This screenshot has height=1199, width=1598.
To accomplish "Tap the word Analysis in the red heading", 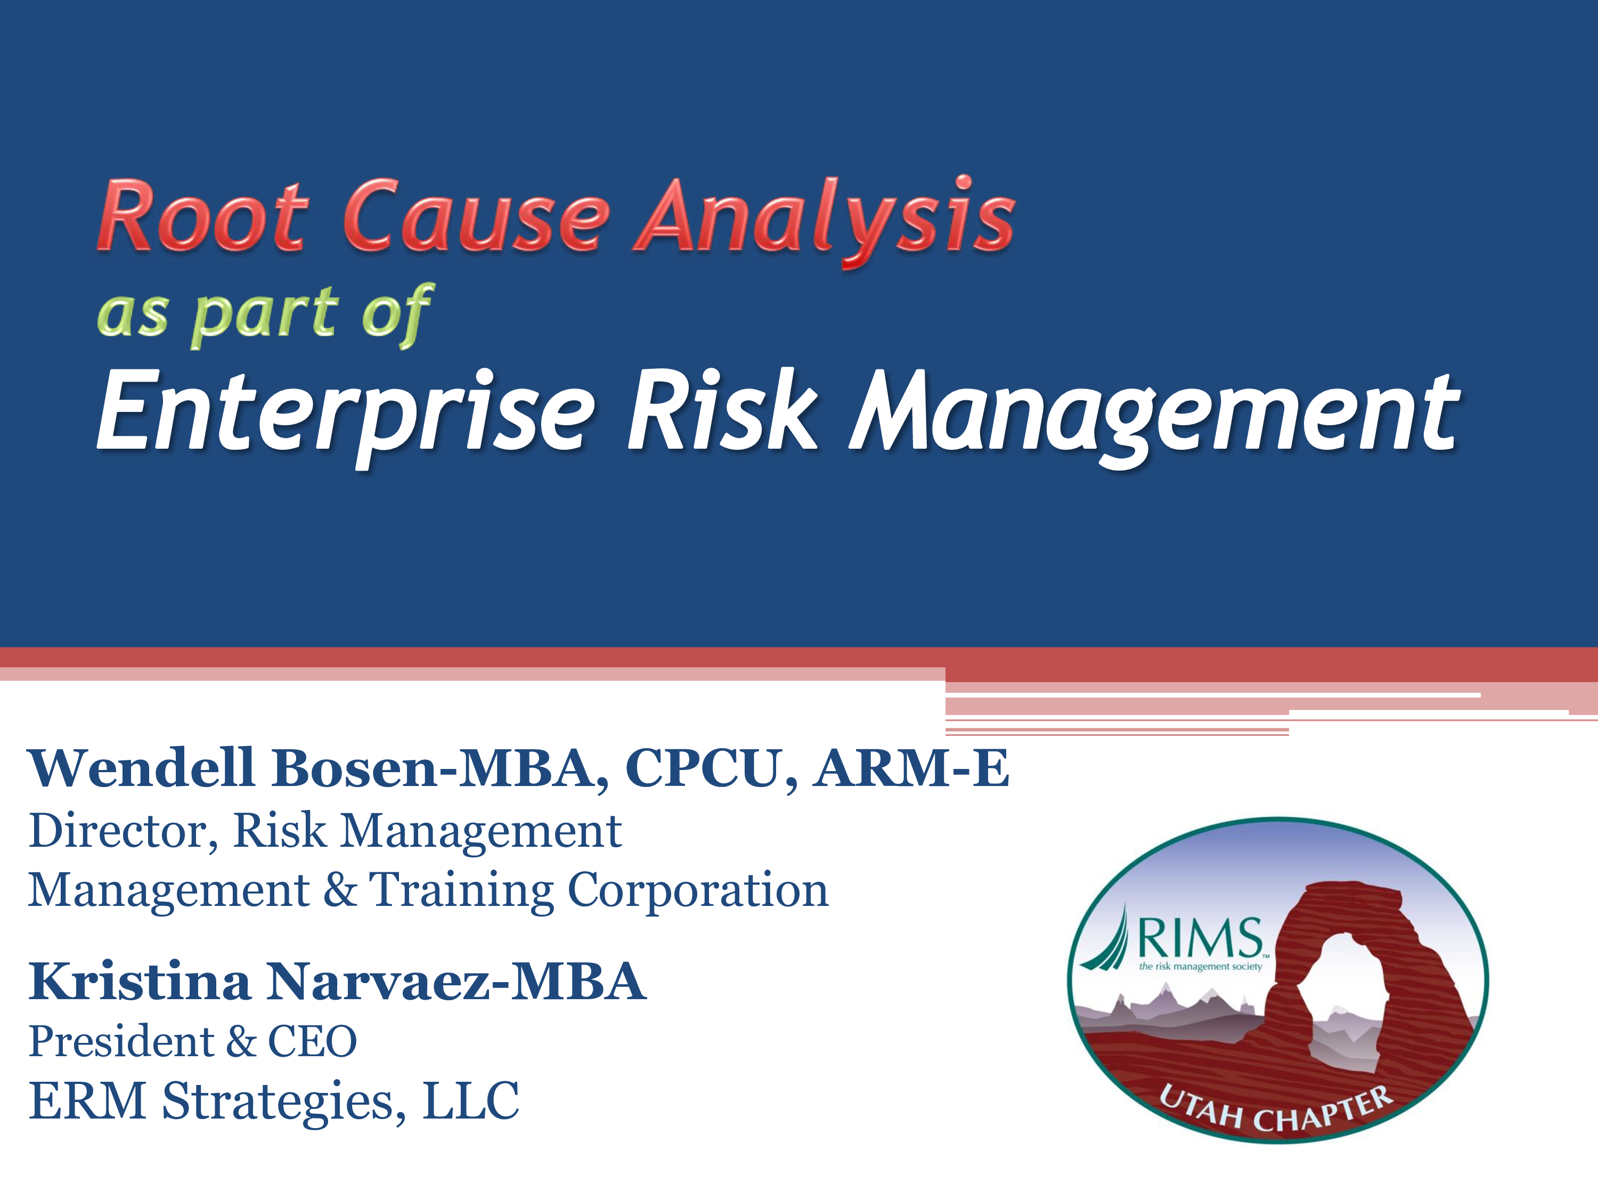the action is [825, 221].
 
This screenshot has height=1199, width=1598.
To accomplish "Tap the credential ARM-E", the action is [912, 767].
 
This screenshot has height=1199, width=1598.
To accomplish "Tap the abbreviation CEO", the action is [312, 1041].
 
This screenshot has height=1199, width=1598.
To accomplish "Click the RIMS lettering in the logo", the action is [1200, 937].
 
